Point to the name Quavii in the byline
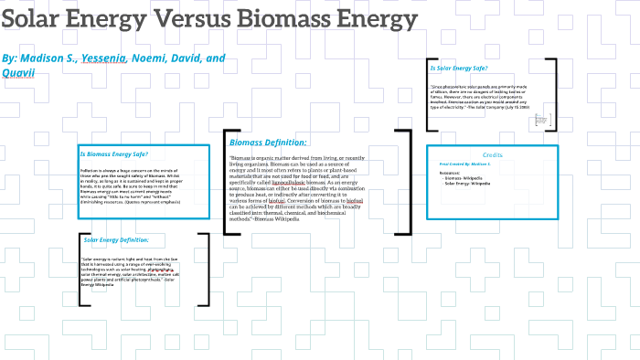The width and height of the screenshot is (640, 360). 20,73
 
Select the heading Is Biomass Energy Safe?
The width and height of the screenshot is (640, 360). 113,154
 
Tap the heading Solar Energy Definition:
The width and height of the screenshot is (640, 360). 115,239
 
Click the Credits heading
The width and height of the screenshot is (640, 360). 492,155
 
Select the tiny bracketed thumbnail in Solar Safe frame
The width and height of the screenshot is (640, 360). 541,119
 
